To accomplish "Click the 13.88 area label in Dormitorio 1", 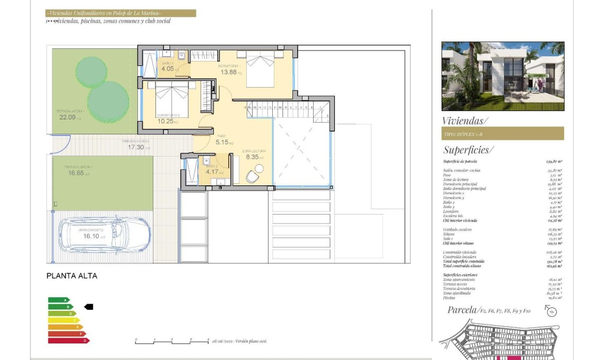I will click(x=229, y=72).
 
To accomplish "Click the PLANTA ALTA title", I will click(x=72, y=276).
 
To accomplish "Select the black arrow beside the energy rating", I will click(x=89, y=306).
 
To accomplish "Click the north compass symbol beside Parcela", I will click(x=551, y=312).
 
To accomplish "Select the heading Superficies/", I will click(x=468, y=150).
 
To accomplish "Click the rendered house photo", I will click(x=503, y=76).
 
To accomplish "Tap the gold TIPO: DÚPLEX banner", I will click(x=503, y=134).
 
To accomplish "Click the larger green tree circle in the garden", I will click(x=108, y=101).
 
